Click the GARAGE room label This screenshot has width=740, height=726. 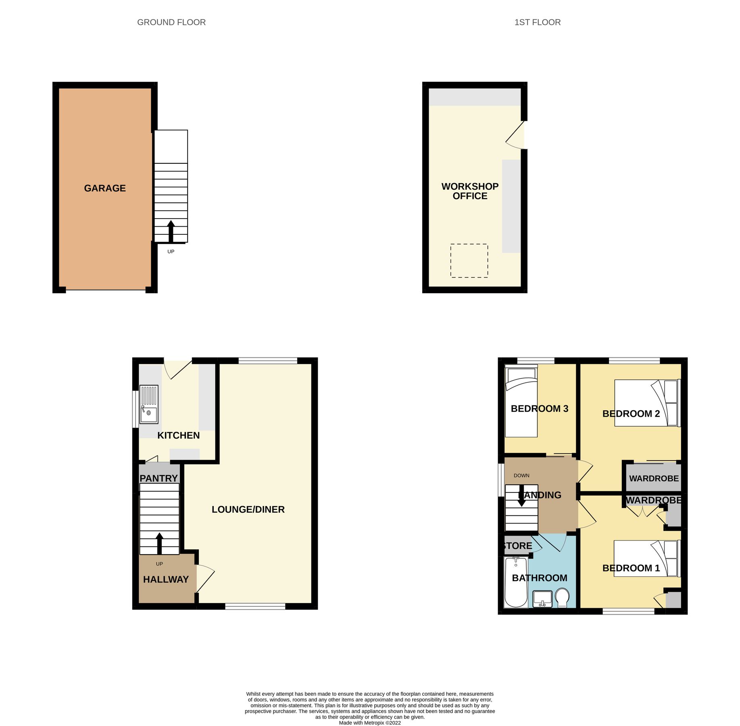tap(105, 188)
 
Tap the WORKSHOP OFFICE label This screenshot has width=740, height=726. tap(470, 191)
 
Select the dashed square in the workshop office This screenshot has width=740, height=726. tap(469, 261)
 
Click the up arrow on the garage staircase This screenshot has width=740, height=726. tap(171, 231)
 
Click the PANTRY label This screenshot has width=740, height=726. tap(158, 478)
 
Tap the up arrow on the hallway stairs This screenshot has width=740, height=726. tap(159, 543)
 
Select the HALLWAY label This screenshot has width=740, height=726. tap(166, 580)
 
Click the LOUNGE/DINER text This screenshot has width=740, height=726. tap(248, 509)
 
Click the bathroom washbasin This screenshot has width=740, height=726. tap(542, 599)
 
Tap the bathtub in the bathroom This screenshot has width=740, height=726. tap(516, 583)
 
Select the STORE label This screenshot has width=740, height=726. tap(518, 546)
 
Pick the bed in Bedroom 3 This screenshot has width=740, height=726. tap(521, 401)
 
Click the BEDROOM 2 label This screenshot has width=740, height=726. tap(631, 414)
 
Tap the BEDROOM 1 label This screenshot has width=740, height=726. tap(631, 568)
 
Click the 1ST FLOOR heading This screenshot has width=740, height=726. tap(537, 23)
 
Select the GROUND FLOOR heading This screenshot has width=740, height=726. tap(171, 23)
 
